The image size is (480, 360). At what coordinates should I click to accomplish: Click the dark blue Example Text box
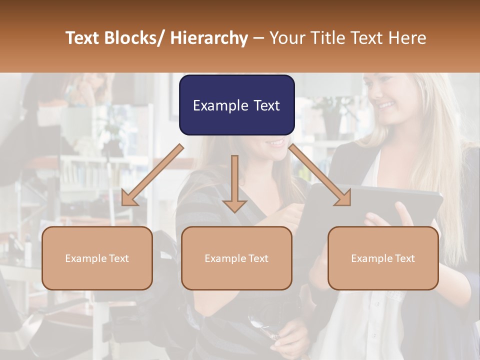pyautogui.click(x=236, y=105)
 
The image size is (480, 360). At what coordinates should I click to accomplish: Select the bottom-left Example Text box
pyautogui.click(x=97, y=258)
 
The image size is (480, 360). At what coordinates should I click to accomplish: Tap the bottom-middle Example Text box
pyautogui.click(x=236, y=258)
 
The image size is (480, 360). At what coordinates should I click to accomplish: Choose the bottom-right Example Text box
pyautogui.click(x=383, y=258)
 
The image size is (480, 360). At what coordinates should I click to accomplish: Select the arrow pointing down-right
pyautogui.click(x=320, y=175)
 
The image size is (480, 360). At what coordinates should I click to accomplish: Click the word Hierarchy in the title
pyautogui.click(x=209, y=38)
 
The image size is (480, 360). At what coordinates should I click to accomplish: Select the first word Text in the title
pyautogui.click(x=83, y=38)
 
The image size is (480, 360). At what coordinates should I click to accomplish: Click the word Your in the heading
pyautogui.click(x=286, y=38)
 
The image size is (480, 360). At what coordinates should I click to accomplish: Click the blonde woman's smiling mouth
pyautogui.click(x=385, y=105)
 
